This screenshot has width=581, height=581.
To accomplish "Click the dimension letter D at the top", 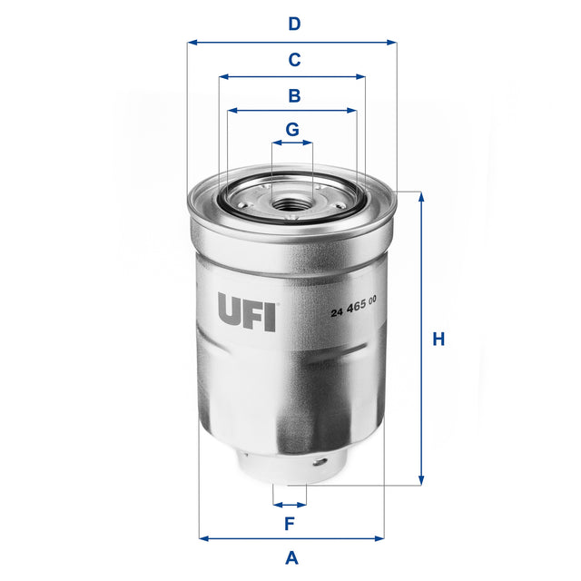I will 293,25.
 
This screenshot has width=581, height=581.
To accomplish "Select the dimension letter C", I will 293,61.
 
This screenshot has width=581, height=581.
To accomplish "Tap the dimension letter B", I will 293,95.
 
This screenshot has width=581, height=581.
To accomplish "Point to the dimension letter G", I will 291,129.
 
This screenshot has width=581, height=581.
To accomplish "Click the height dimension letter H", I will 438,340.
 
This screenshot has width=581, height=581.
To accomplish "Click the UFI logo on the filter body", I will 247,310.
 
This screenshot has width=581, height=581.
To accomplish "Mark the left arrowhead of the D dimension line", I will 191,42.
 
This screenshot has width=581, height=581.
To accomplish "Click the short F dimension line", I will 290,504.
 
